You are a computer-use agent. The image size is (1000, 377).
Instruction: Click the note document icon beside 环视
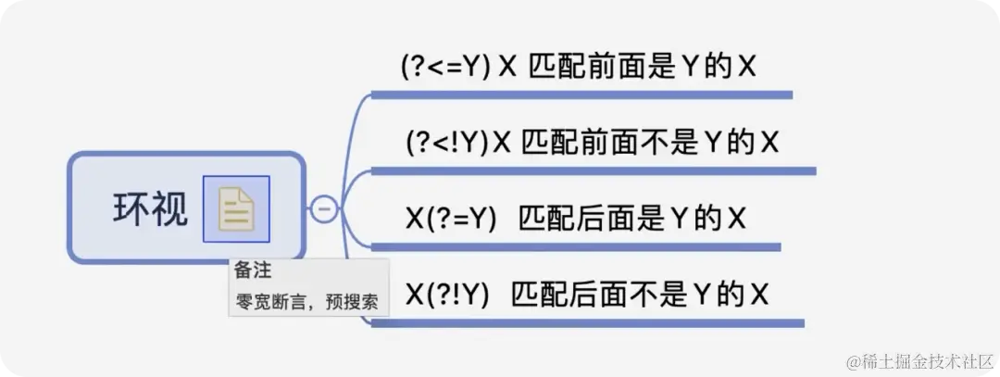click(x=236, y=209)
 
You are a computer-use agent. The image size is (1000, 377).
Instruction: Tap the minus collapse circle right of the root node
click(x=324, y=209)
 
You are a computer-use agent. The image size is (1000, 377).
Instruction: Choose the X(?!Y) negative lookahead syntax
click(x=447, y=294)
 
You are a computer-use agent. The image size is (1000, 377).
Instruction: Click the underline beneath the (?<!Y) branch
click(x=593, y=170)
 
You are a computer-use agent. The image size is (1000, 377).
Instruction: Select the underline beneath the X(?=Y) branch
click(x=575, y=247)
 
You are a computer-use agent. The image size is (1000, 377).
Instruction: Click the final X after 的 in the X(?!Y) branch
click(x=759, y=295)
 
